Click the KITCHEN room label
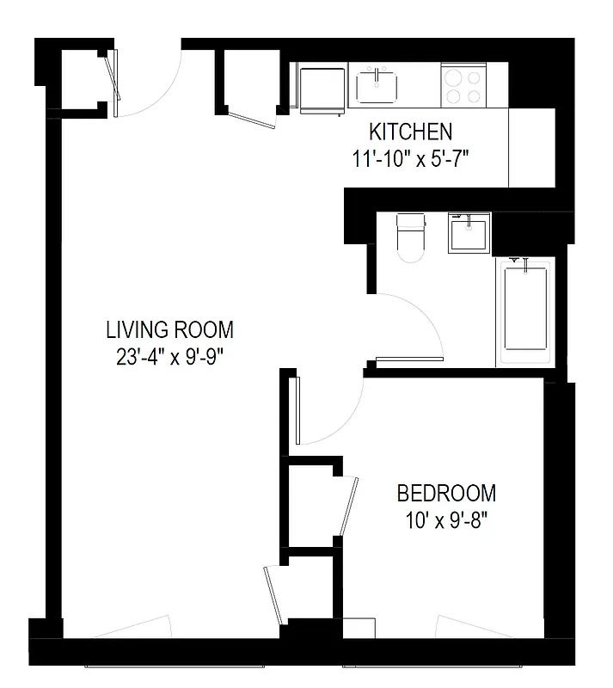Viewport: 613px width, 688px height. pos(410,132)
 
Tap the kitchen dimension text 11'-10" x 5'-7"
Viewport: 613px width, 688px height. pos(409,158)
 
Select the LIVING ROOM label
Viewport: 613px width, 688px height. pos(169,329)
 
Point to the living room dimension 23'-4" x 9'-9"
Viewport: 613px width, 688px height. pos(169,356)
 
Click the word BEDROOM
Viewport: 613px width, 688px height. pos(445,494)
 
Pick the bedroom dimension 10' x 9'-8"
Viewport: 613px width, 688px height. pos(445,521)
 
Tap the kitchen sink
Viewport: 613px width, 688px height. pos(378,86)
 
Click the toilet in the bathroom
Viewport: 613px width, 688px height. pos(409,236)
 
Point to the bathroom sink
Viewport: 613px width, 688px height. pos(468,234)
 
